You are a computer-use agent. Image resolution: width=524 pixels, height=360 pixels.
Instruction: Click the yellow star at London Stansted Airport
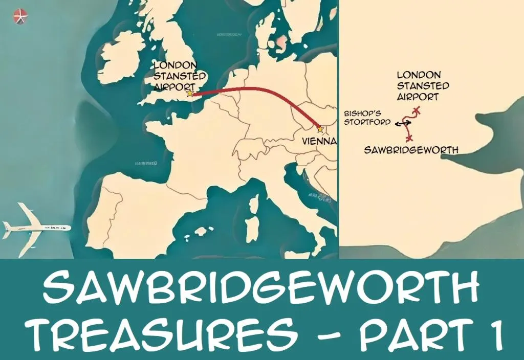[x=190, y=94]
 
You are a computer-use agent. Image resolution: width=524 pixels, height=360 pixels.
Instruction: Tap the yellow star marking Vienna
[x=320, y=129]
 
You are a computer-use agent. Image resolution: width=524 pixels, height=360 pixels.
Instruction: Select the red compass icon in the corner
[x=20, y=16]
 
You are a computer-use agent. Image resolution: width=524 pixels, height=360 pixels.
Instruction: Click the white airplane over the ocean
[x=36, y=226]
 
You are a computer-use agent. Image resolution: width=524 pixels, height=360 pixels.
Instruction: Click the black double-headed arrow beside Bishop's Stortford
[x=403, y=123]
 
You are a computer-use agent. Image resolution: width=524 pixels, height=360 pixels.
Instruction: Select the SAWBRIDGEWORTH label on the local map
[x=410, y=150]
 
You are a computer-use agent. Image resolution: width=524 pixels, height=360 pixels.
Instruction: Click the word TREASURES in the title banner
[x=162, y=334]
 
